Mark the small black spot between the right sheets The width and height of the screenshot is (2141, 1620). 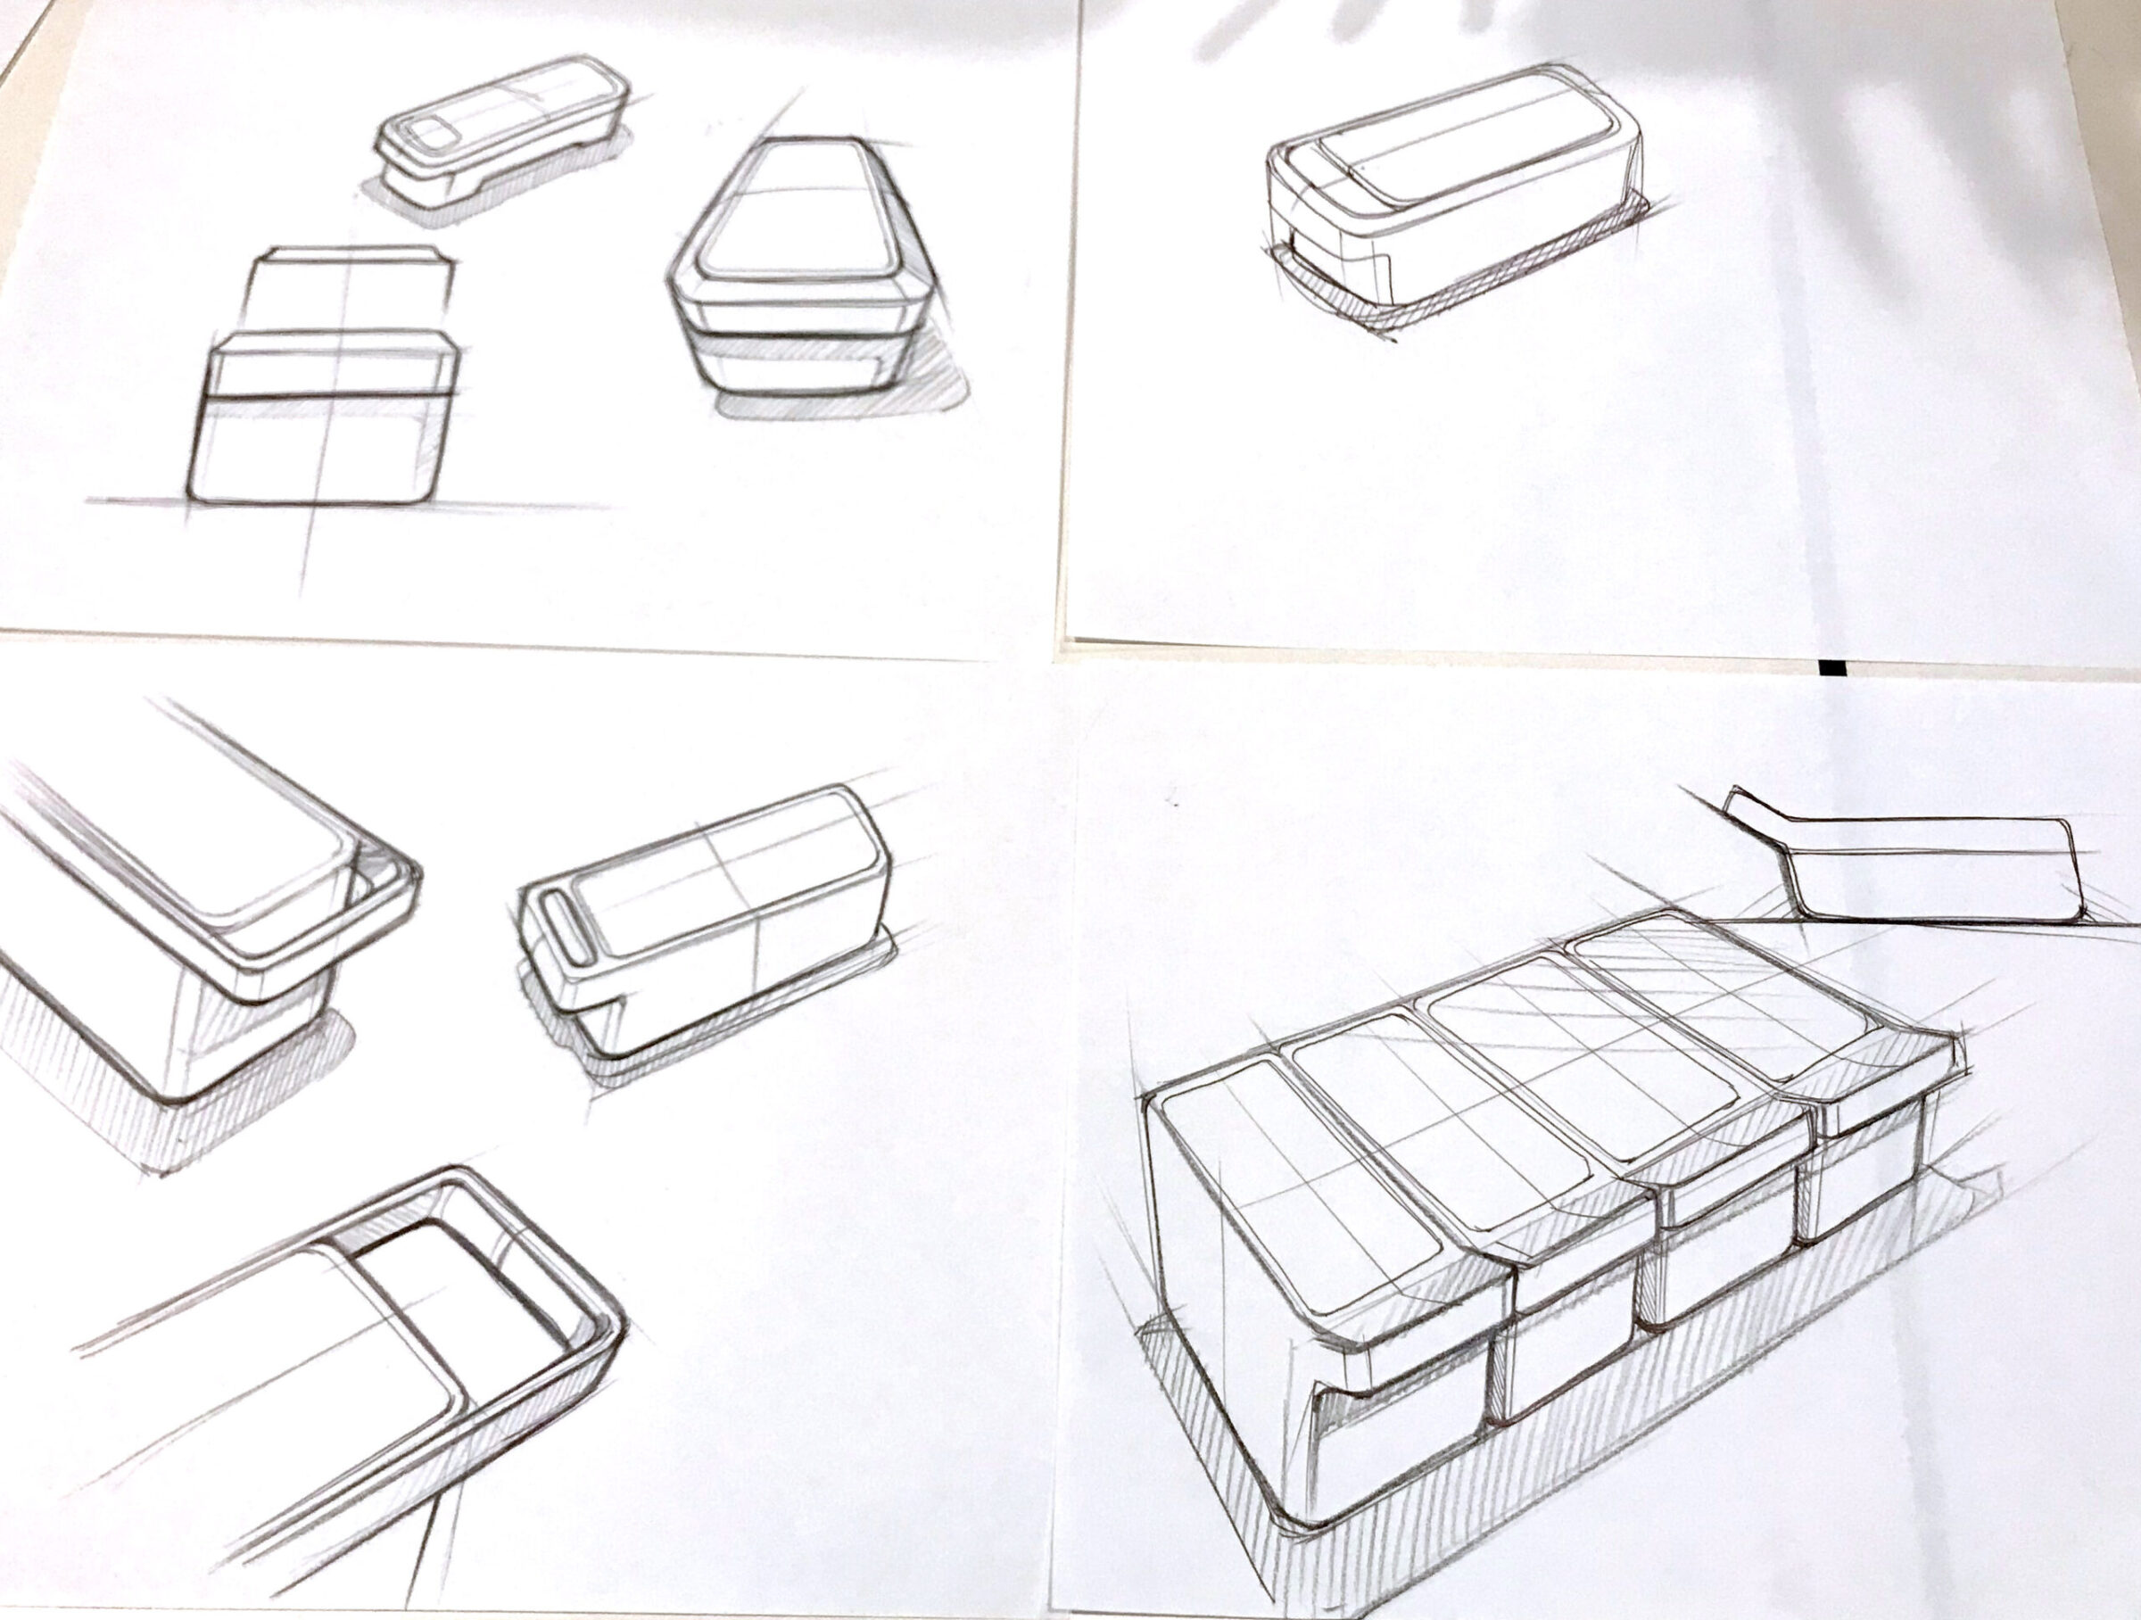(x=1829, y=666)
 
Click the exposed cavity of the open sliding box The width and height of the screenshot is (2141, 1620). (x=465, y=1287)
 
